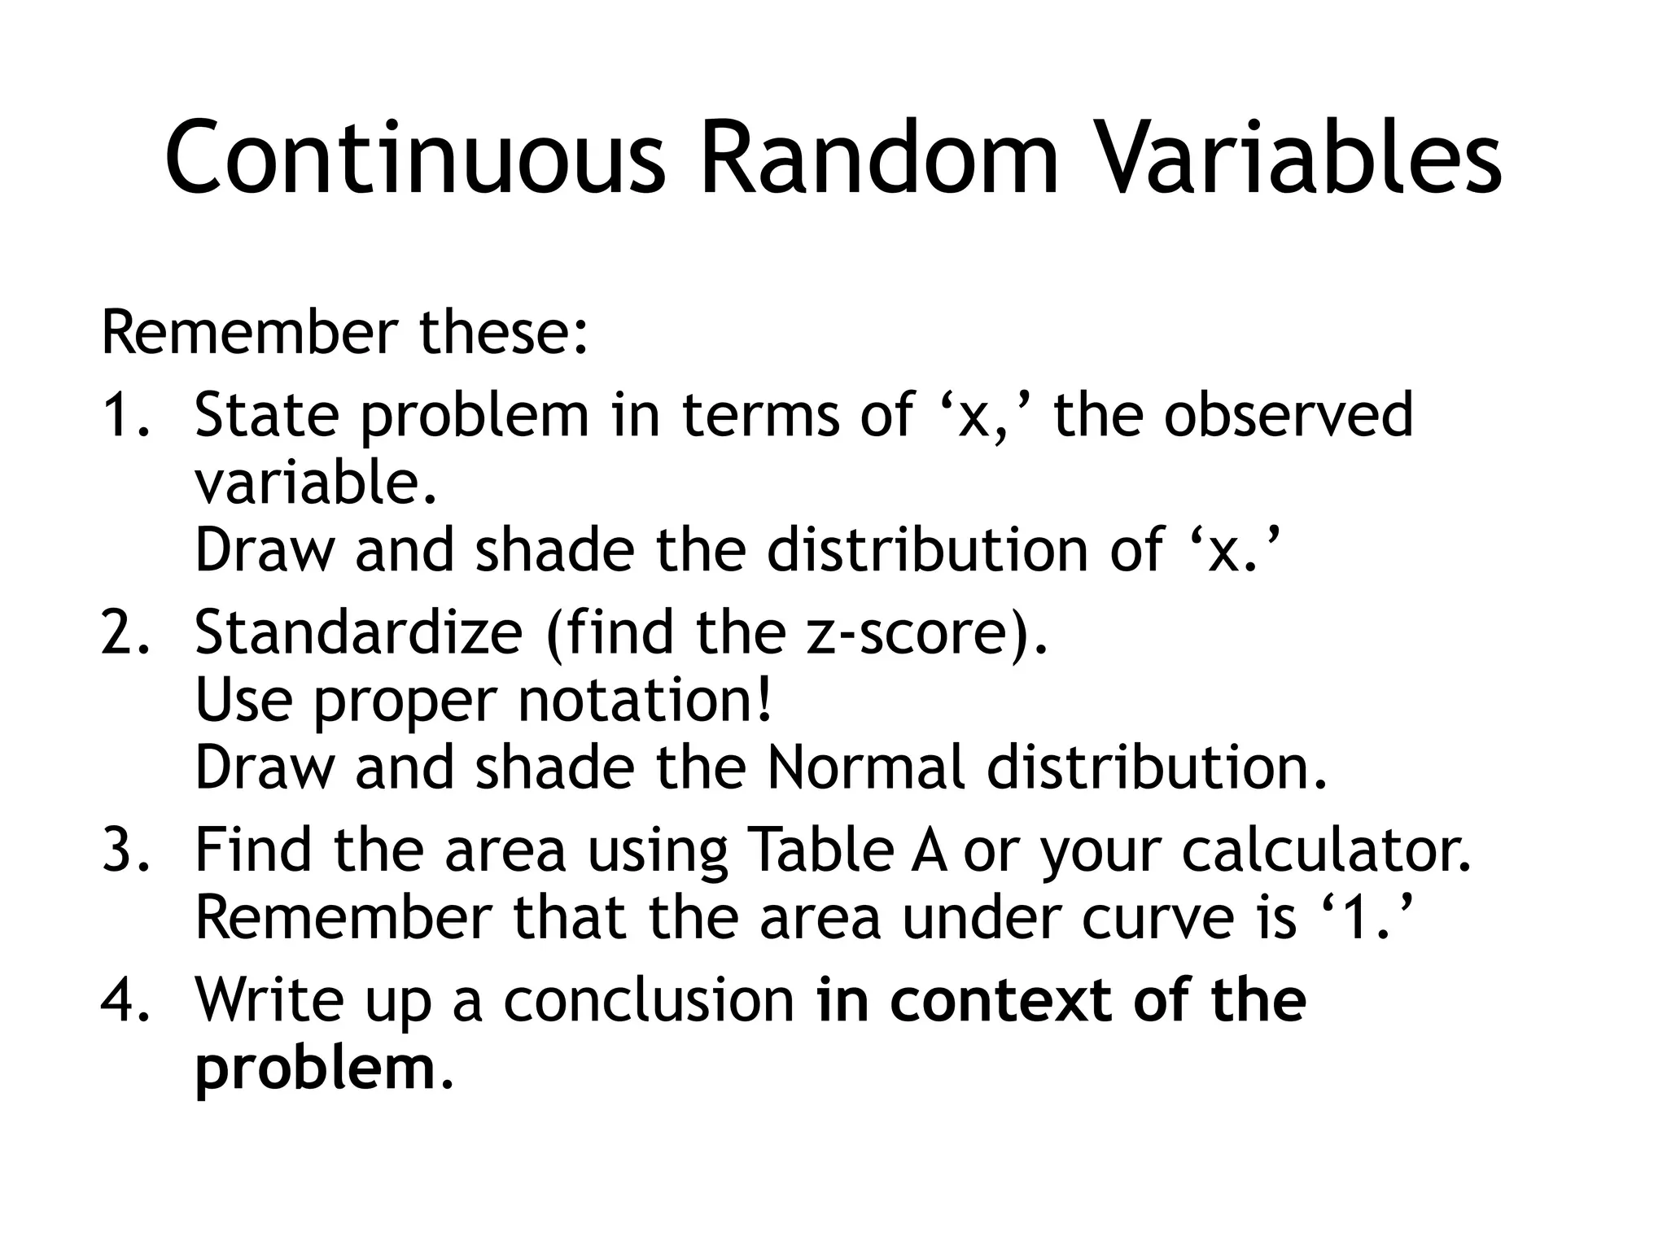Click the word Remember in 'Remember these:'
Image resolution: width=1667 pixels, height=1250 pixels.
[248, 333]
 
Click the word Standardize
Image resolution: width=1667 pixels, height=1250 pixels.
[358, 632]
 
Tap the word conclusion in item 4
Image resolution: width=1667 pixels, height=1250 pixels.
[648, 1000]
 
